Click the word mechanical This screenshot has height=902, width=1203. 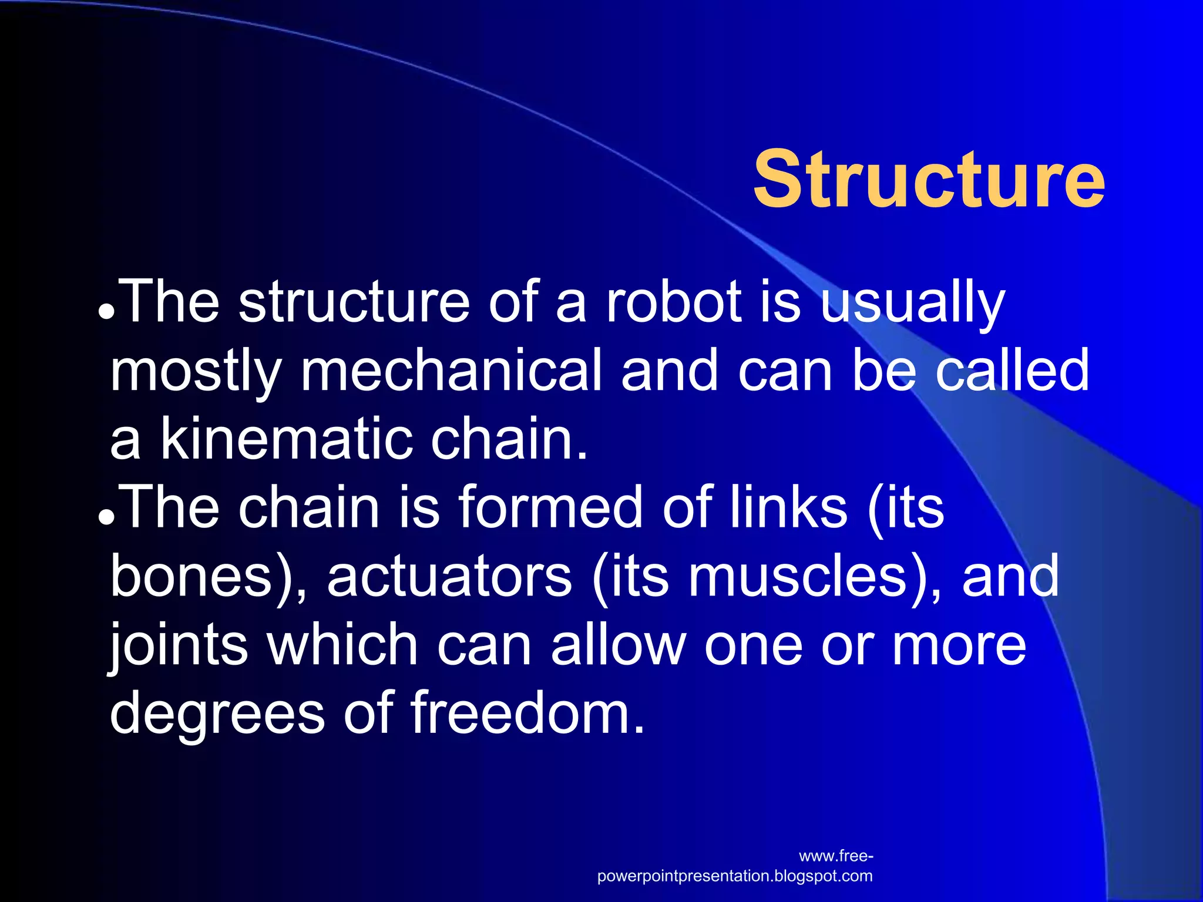451,370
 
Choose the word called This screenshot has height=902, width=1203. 1012,370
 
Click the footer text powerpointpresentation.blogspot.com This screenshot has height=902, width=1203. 734,876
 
